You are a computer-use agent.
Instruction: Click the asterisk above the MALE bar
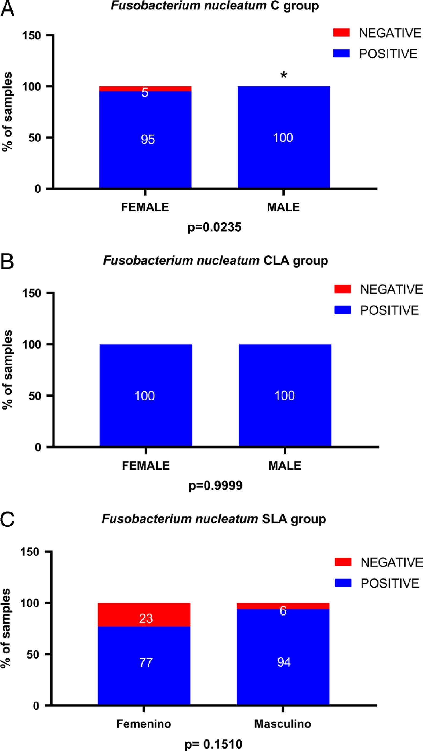(x=283, y=75)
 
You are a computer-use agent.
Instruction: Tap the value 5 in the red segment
(x=145, y=93)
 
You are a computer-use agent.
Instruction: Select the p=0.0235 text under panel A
(x=215, y=227)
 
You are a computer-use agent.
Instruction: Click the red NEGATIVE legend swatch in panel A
(x=341, y=33)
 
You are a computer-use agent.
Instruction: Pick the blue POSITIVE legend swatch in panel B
(x=342, y=310)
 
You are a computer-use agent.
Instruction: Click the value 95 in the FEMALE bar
(x=148, y=139)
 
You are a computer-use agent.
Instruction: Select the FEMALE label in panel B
(x=145, y=466)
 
